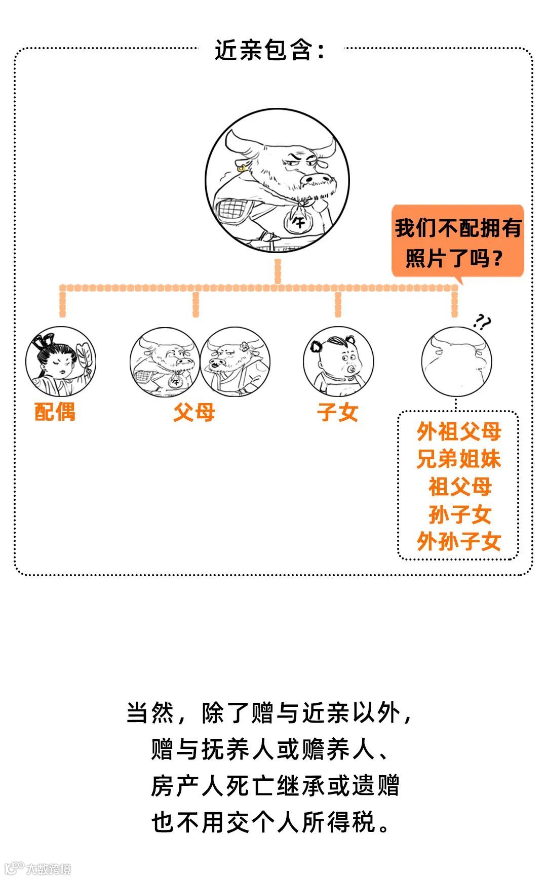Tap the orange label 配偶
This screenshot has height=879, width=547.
(x=55, y=412)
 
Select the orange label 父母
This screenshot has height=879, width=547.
(x=194, y=412)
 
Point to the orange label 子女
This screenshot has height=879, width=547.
(x=338, y=412)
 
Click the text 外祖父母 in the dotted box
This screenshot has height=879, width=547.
(x=459, y=432)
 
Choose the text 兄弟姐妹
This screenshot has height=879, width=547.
(x=459, y=459)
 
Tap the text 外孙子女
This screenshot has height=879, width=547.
(x=459, y=542)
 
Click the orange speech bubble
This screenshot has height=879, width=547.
(x=457, y=242)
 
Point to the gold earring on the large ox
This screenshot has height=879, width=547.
(x=242, y=167)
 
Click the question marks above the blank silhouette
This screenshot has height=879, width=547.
(x=482, y=322)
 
